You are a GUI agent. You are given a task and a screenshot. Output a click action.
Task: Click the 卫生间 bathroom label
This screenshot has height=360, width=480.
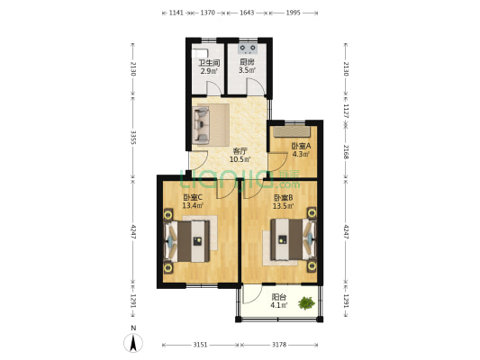tap(209, 62)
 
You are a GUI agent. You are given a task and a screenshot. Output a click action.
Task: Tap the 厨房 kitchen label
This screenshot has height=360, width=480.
tap(247, 62)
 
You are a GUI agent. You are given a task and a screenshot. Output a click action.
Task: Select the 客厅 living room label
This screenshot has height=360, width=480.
tap(240, 151)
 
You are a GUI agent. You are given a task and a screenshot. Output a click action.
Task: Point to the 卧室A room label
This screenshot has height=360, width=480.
tap(302, 146)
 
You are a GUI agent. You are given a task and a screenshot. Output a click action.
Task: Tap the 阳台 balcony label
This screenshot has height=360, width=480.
tap(280, 297)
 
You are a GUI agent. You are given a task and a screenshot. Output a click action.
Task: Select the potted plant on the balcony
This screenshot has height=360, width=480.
tap(307, 303)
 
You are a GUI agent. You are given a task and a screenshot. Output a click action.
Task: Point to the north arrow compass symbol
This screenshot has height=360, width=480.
tap(133, 342)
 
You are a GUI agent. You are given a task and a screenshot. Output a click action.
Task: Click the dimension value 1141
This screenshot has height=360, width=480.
tap(177, 13)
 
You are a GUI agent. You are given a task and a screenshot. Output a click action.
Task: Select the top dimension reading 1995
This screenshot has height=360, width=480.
tap(293, 13)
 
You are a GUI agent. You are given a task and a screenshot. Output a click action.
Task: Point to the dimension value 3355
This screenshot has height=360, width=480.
tap(132, 138)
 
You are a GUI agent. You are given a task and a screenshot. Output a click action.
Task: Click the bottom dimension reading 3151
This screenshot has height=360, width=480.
tap(200, 345)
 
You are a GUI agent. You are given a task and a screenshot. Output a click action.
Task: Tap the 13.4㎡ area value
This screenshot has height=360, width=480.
tap(193, 206)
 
